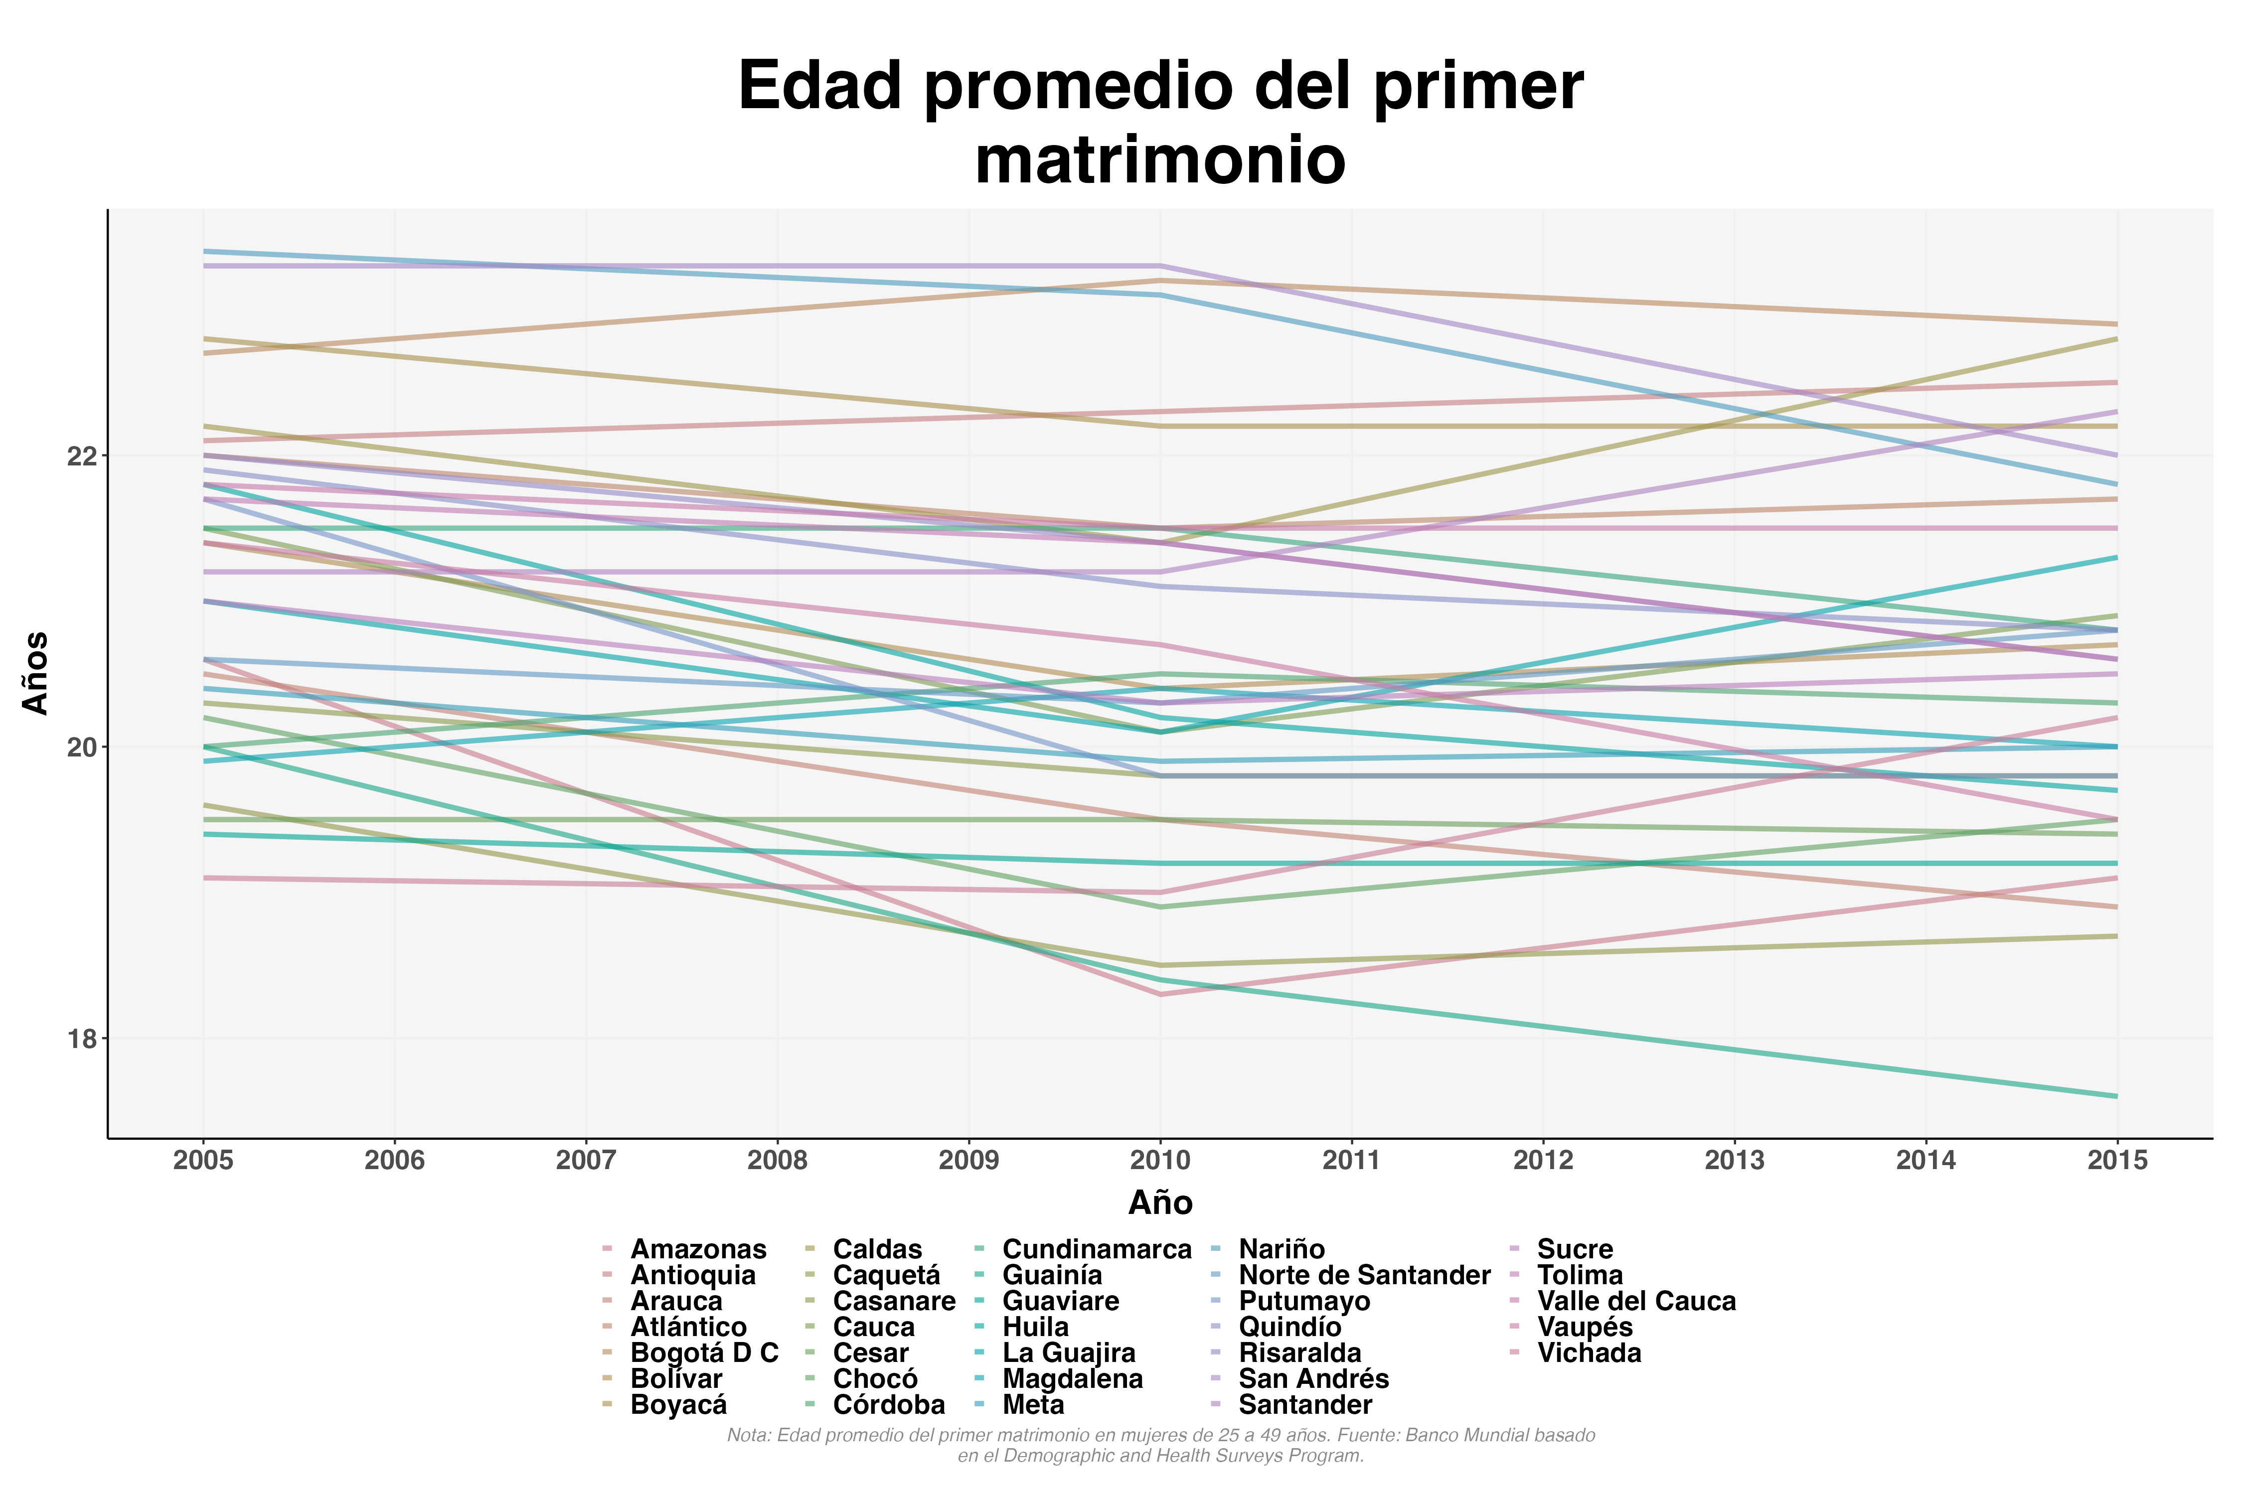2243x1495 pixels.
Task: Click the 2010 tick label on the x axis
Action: pyautogui.click(x=1160, y=1160)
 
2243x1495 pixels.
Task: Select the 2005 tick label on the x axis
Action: pyautogui.click(x=203, y=1160)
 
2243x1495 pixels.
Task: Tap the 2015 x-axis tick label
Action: pyautogui.click(x=2117, y=1160)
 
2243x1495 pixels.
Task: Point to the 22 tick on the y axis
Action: pyautogui.click(x=82, y=456)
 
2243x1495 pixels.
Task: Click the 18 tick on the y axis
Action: pyautogui.click(x=82, y=1039)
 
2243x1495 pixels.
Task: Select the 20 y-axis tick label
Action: pyautogui.click(x=82, y=747)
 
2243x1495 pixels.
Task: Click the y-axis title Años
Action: pyautogui.click(x=36, y=672)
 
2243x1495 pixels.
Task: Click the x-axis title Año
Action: pyautogui.click(x=1160, y=1203)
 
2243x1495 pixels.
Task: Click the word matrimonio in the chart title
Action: pyautogui.click(x=1160, y=159)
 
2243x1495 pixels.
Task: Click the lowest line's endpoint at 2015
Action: pyautogui.click(x=2117, y=1096)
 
